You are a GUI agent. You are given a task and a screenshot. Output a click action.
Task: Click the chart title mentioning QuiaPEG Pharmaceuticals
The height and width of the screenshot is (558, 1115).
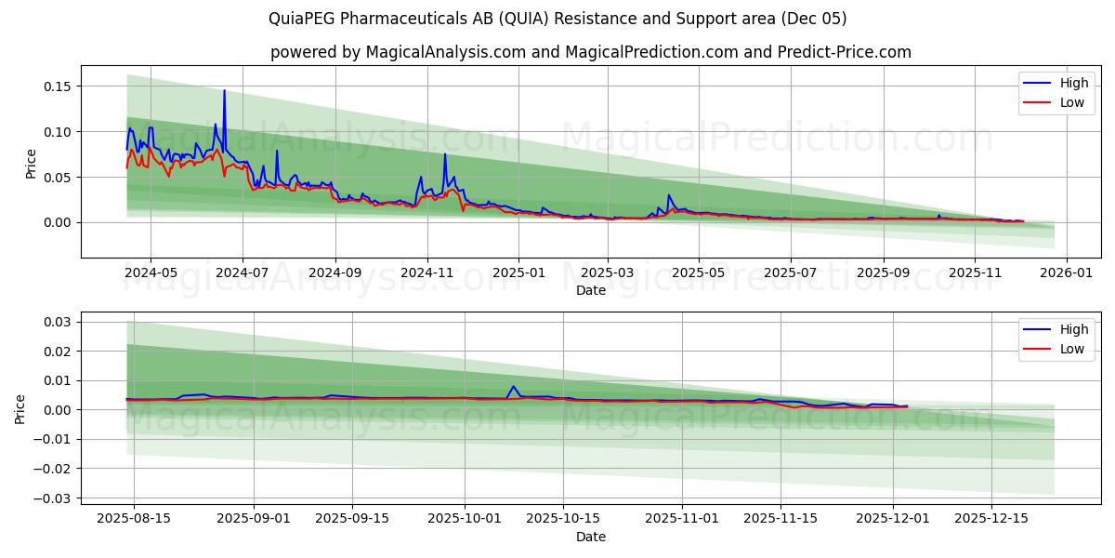click(557, 19)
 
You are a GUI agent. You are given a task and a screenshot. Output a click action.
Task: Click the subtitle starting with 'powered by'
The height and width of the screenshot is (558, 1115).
click(591, 52)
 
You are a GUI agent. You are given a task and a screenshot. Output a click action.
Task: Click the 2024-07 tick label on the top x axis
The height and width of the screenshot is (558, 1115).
click(243, 274)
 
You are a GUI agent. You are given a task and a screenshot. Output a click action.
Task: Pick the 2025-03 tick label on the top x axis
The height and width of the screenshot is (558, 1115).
click(608, 274)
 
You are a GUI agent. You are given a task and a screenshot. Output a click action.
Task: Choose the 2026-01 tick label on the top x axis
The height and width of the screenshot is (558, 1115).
click(1066, 274)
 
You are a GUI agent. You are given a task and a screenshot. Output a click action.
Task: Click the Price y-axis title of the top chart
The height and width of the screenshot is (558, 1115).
click(31, 163)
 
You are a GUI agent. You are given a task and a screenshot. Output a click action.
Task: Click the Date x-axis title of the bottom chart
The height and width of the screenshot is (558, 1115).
click(591, 537)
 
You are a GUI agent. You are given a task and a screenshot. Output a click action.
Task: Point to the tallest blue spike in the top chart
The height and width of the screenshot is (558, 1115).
click(224, 91)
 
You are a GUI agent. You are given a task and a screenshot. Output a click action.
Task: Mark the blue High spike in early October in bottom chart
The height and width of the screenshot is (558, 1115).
click(513, 387)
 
